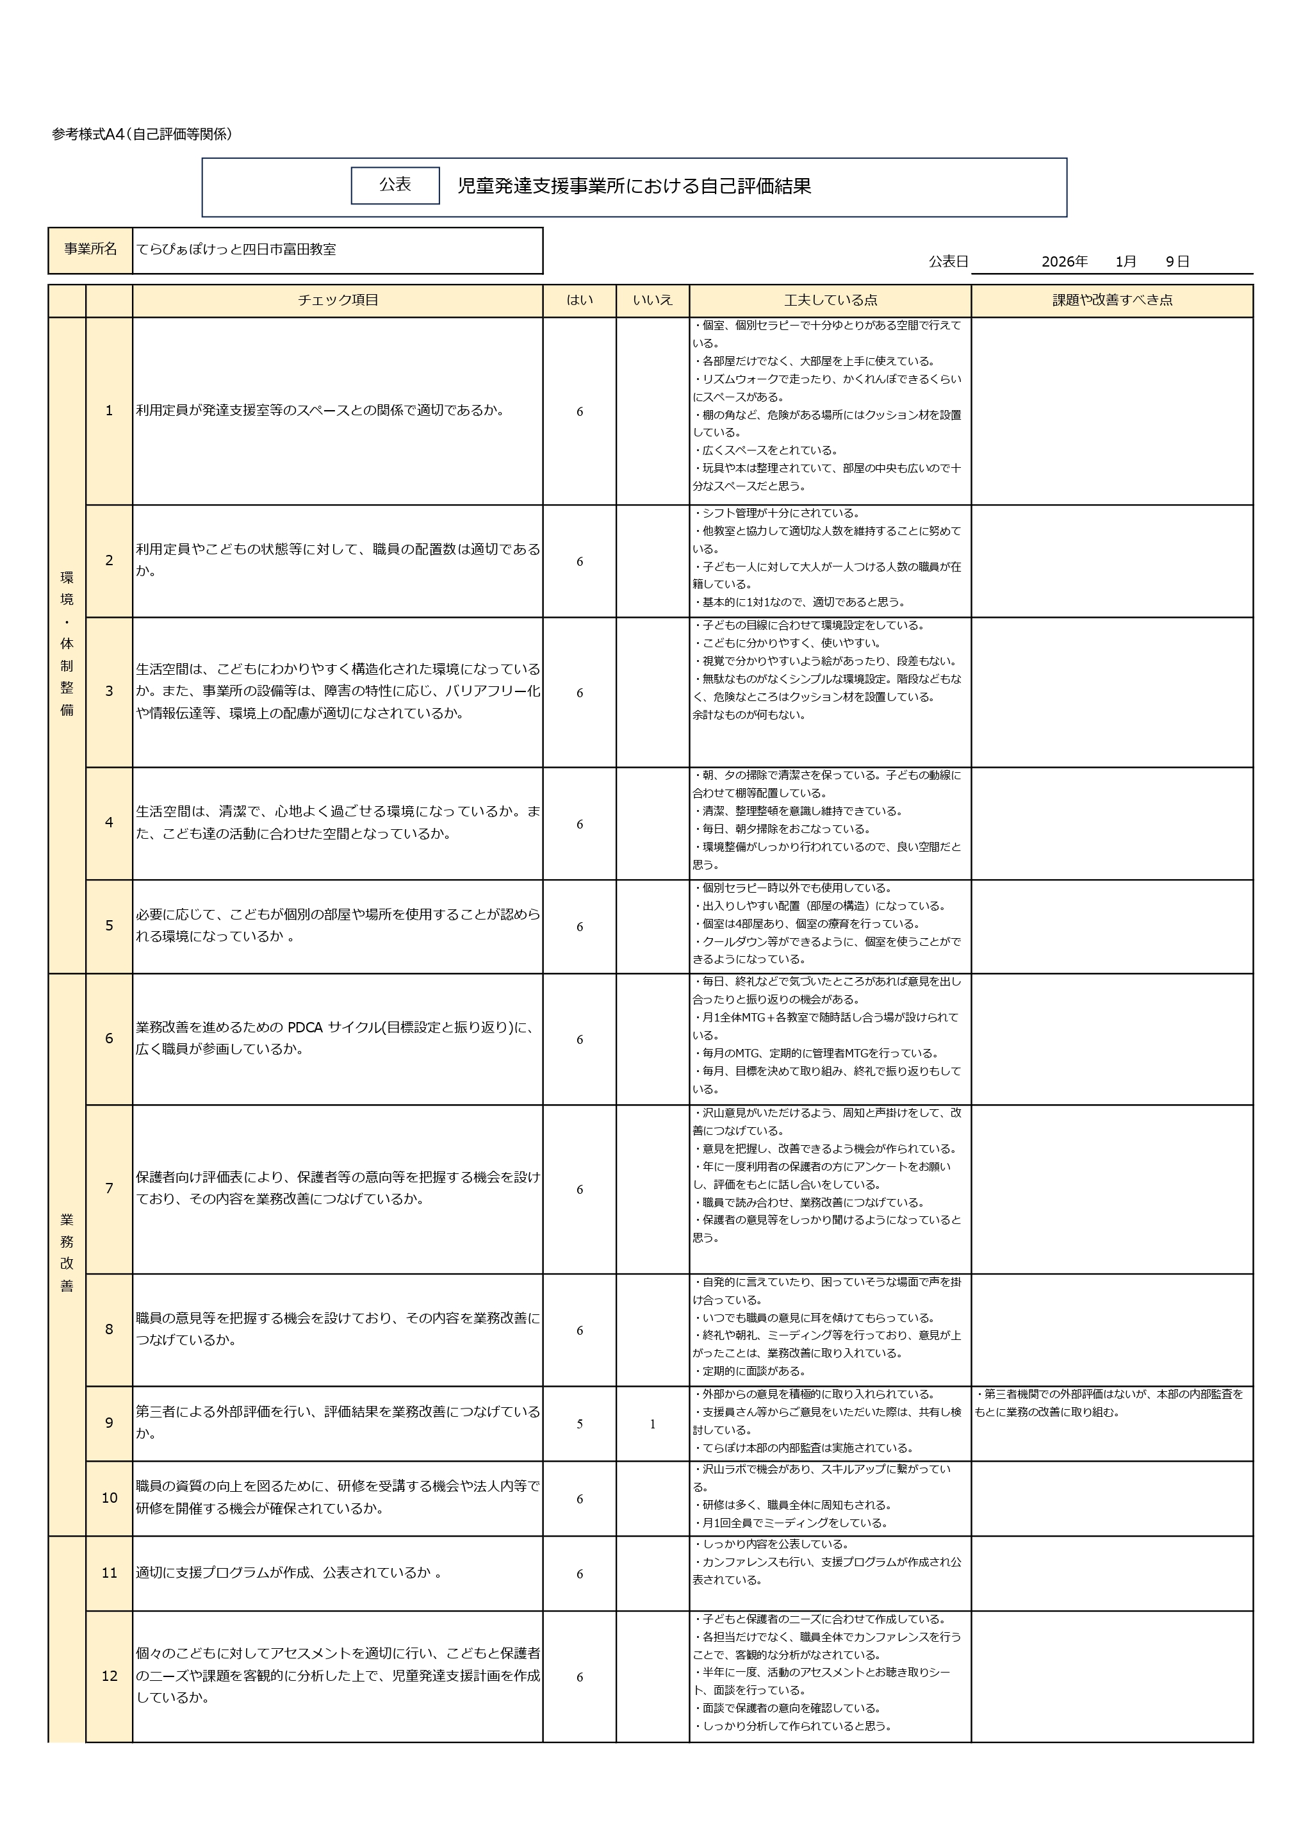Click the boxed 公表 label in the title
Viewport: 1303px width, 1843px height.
tap(395, 185)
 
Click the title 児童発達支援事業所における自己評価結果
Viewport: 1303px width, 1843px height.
tap(634, 186)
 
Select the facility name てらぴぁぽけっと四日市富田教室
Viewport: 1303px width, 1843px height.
tap(236, 250)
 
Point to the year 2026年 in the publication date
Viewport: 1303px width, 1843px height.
tap(1064, 261)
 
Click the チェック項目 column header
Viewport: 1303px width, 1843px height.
tap(338, 300)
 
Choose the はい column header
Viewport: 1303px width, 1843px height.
tap(579, 300)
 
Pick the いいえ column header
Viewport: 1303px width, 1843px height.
tap(652, 300)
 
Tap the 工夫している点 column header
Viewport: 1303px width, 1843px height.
tap(830, 300)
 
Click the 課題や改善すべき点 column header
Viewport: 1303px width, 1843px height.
tap(1112, 300)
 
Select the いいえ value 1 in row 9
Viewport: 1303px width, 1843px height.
tap(652, 1424)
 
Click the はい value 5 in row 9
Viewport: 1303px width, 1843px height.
tap(579, 1424)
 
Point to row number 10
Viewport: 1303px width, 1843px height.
tap(109, 1498)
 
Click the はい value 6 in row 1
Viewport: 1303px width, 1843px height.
tap(579, 412)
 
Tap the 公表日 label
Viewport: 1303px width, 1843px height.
tap(948, 261)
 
